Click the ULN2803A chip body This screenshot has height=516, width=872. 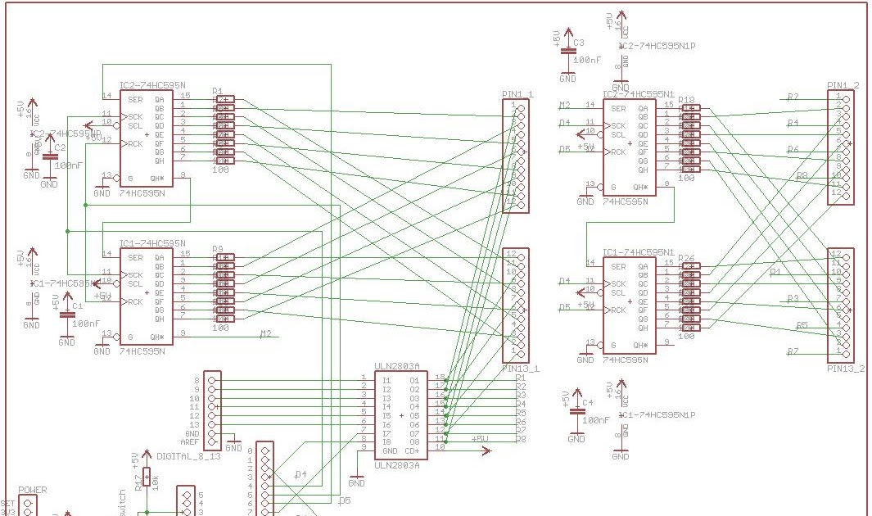[400, 415]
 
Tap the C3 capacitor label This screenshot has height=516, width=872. [579, 43]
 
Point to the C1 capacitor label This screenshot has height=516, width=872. [78, 306]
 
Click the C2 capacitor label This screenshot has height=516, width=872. [60, 147]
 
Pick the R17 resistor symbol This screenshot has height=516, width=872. [147, 478]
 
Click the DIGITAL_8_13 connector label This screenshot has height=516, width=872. [188, 455]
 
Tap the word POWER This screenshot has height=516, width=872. [32, 491]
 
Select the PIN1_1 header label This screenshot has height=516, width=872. [517, 95]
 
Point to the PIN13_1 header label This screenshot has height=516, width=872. [520, 369]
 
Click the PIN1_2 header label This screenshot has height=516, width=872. [843, 86]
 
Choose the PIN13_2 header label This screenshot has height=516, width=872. [846, 369]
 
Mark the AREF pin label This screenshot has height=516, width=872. [191, 442]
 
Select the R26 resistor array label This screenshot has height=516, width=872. [686, 259]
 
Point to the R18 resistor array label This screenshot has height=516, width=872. [686, 100]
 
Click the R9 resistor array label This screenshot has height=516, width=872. [218, 249]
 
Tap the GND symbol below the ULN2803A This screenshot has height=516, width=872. [356, 482]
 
